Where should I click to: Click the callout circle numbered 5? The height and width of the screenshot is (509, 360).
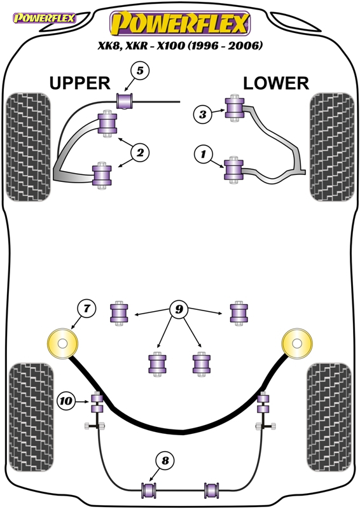click(140, 71)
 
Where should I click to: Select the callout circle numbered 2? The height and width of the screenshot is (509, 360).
click(140, 152)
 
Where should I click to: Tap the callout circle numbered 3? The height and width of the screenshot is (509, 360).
click(203, 115)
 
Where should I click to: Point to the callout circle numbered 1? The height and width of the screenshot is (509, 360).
click(204, 154)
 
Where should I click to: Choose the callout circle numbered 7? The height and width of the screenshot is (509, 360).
click(87, 308)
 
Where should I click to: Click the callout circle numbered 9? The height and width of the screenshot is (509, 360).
click(179, 309)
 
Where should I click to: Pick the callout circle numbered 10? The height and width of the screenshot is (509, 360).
click(66, 401)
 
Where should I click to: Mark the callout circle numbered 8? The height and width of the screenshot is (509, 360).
click(165, 460)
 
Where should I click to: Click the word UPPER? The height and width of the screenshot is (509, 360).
click(80, 83)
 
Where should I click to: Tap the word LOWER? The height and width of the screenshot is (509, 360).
click(276, 83)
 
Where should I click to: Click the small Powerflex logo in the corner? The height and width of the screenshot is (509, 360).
click(44, 18)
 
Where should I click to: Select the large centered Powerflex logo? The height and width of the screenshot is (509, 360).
click(180, 23)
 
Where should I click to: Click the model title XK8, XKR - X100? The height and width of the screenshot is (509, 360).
click(143, 45)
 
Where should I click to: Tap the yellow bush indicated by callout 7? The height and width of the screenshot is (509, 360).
click(63, 344)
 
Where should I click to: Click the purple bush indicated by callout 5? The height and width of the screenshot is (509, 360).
click(125, 101)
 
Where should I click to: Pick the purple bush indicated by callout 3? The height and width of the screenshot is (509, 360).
click(234, 108)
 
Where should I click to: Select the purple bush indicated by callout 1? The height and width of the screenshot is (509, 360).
click(233, 170)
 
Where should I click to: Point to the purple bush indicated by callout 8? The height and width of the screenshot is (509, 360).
click(149, 490)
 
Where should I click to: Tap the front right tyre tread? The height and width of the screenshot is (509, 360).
click(332, 147)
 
